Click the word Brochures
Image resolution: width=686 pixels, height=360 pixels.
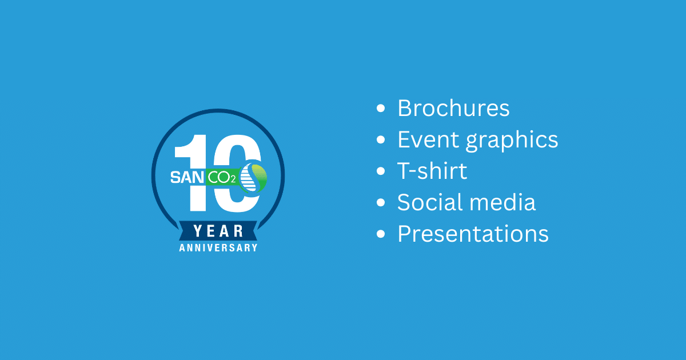click(x=453, y=108)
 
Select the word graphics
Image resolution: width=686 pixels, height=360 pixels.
click(x=512, y=141)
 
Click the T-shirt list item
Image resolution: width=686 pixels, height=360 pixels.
click(x=432, y=171)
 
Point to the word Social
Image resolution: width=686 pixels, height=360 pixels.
click(x=430, y=202)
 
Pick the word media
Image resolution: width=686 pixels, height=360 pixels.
click(x=502, y=202)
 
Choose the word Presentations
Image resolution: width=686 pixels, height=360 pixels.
click(x=473, y=234)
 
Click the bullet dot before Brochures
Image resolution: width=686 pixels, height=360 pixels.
click(x=381, y=109)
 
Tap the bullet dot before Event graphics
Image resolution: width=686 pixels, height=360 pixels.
click(x=381, y=139)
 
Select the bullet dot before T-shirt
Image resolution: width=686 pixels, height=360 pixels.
click(x=381, y=171)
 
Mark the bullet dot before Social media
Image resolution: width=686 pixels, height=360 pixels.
click(x=381, y=202)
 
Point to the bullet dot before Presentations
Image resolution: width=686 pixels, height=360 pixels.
click(x=381, y=234)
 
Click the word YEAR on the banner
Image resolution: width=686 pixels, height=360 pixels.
click(x=218, y=231)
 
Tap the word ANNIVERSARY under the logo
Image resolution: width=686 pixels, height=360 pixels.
click(x=218, y=247)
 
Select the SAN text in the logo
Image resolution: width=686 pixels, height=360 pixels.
click(x=187, y=178)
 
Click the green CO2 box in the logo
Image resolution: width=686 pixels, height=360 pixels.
click(x=222, y=177)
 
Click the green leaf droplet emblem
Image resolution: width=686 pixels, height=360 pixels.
click(x=253, y=178)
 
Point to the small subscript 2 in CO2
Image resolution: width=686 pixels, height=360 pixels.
click(x=233, y=179)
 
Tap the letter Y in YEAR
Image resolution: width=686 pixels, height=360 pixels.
click(x=198, y=231)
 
